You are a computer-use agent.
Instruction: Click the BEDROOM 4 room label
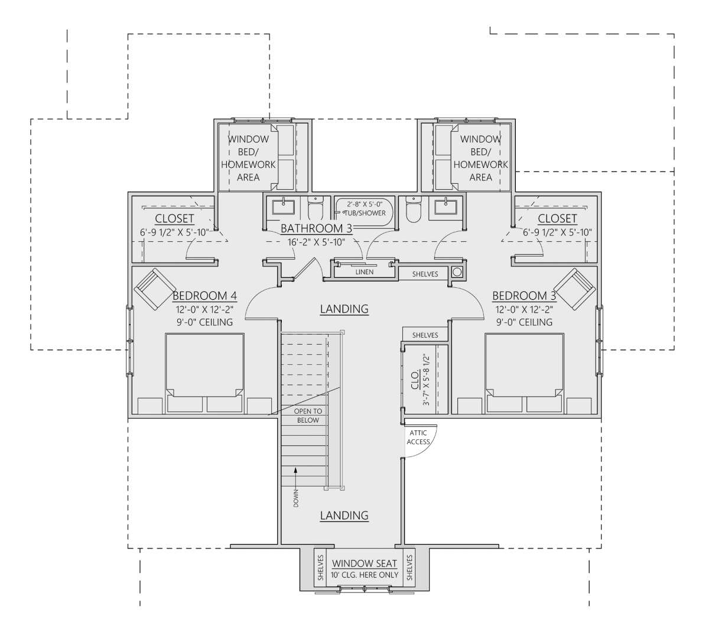tap(204, 296)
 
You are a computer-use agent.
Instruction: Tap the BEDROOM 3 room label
tap(524, 296)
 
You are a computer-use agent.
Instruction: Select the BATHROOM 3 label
tap(316, 228)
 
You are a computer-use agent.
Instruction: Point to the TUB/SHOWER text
tap(365, 213)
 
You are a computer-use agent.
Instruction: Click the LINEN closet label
tap(365, 272)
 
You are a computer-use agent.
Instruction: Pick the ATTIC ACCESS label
tap(418, 437)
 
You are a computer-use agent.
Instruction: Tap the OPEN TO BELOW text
tap(308, 416)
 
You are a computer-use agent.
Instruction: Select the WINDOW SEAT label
tap(365, 563)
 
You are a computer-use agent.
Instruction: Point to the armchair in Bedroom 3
tap(574, 289)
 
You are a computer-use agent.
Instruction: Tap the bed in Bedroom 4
tap(204, 373)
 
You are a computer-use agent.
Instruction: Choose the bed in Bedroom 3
tap(524, 373)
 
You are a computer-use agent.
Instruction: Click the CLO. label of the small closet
tap(415, 380)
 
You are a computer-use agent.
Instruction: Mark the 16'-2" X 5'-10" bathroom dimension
tap(316, 242)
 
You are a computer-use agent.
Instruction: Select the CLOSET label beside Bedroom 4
tap(174, 219)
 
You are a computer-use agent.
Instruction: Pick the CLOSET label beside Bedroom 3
tap(557, 219)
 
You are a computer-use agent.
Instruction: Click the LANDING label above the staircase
tap(344, 309)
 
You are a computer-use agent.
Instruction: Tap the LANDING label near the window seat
tap(344, 516)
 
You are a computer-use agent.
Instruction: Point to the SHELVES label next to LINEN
tap(425, 274)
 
